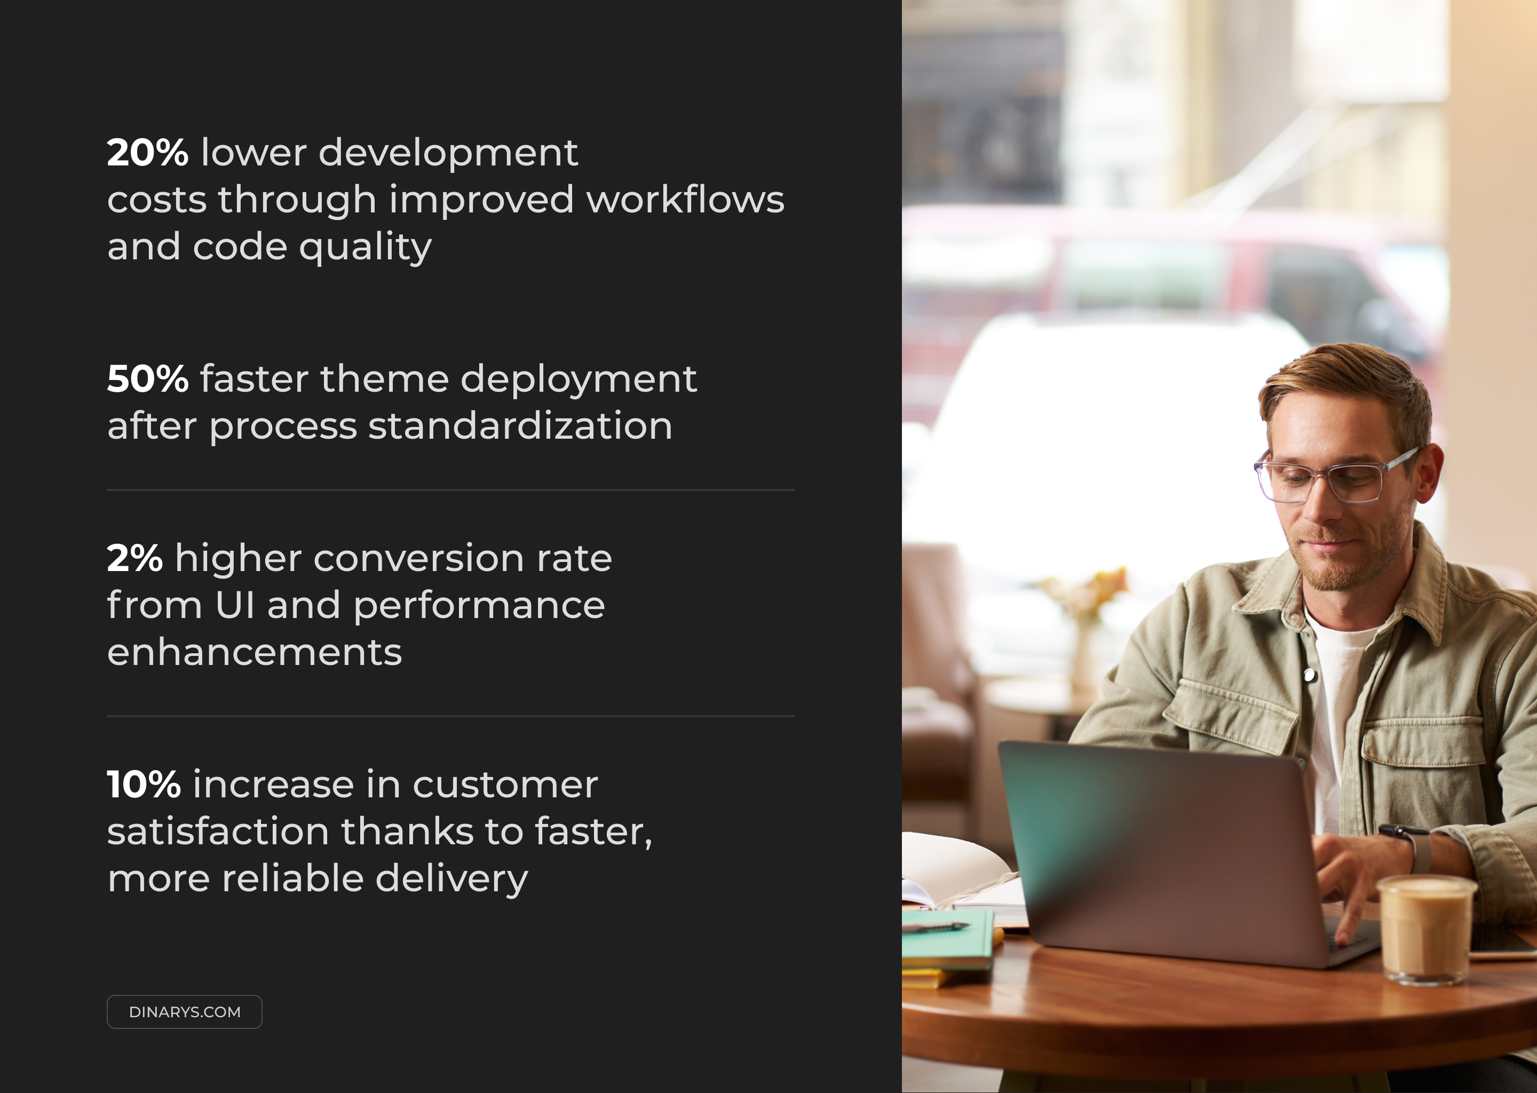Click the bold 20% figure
click(147, 153)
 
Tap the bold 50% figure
click(147, 379)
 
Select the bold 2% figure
click(134, 559)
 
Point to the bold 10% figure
click(144, 785)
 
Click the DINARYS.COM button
click(184, 1011)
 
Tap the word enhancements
click(255, 652)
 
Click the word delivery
click(451, 880)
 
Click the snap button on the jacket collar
click(1309, 675)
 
